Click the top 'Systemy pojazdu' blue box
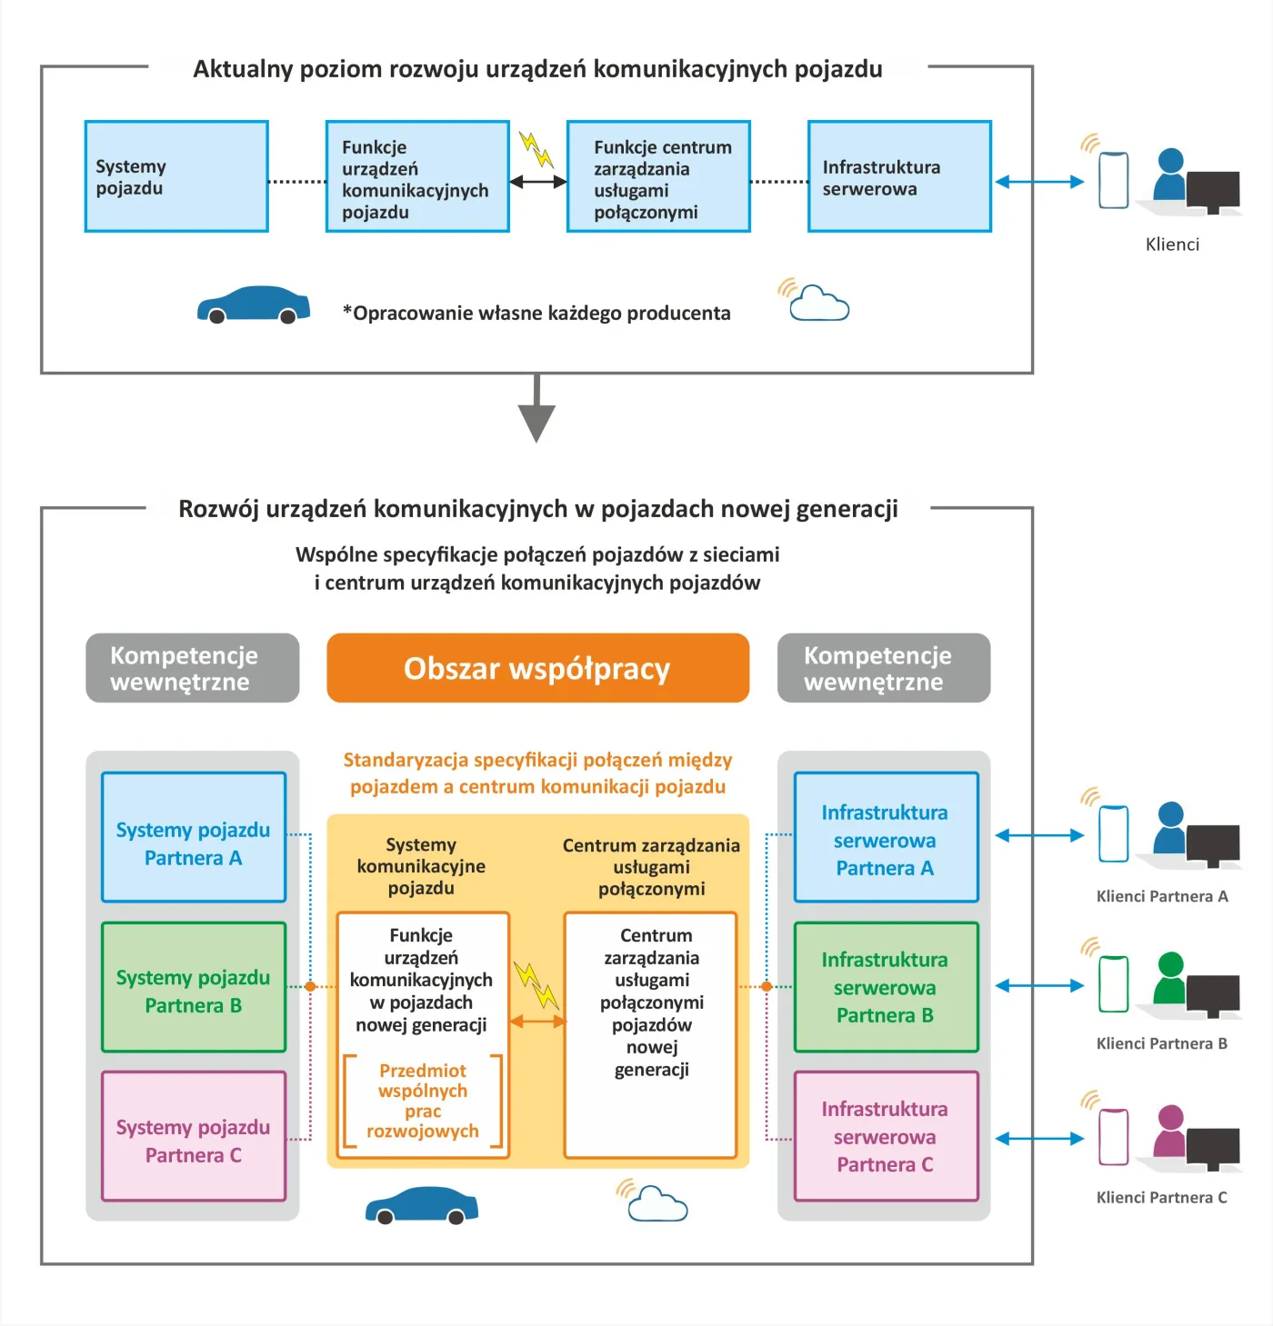click(176, 176)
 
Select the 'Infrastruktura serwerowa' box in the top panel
click(899, 176)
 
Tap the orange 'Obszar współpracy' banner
click(537, 668)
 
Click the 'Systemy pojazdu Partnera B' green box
click(194, 987)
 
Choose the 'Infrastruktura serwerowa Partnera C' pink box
click(886, 1136)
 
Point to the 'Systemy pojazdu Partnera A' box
click(194, 837)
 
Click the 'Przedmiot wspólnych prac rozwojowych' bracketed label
click(423, 1101)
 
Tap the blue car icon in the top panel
click(254, 304)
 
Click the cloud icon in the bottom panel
click(657, 1203)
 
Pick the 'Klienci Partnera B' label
click(1161, 1043)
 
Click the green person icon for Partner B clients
click(1171, 978)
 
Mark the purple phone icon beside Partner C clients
click(1114, 1136)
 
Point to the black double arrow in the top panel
click(538, 182)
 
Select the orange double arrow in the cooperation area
click(537, 1022)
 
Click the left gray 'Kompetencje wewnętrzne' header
click(193, 668)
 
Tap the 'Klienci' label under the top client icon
click(1172, 244)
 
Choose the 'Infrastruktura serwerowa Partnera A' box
click(886, 837)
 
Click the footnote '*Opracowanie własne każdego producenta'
click(536, 314)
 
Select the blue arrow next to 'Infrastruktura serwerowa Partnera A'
click(1039, 835)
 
